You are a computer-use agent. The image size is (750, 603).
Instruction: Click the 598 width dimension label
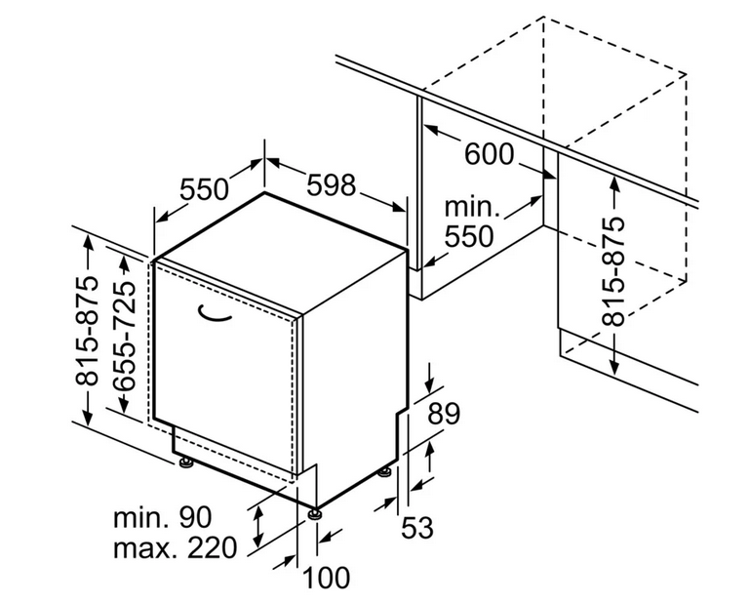pos(332,184)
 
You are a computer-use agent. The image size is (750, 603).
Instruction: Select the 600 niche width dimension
pos(489,153)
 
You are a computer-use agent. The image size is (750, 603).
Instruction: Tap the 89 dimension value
pos(444,414)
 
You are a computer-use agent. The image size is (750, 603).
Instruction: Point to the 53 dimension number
pos(416,528)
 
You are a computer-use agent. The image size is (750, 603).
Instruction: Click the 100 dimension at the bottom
pos(326,578)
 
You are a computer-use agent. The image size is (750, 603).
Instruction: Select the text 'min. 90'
pos(162,517)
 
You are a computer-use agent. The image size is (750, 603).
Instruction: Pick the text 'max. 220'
pos(175,548)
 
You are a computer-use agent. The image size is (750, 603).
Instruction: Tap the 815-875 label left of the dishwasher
pos(87,331)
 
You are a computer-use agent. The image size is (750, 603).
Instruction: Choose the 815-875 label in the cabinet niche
pos(613,271)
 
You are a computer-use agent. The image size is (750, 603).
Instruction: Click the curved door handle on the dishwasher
pos(214,313)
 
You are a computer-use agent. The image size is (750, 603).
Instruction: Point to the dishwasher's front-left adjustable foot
pos(185,462)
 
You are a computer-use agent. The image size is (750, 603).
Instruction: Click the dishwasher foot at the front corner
pos(315,514)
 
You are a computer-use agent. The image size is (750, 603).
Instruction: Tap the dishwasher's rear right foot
pos(385,472)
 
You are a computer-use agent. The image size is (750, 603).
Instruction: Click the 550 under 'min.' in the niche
pos(469,236)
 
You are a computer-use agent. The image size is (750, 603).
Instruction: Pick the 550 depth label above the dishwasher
pos(204,189)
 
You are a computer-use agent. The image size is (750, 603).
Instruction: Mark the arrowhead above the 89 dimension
pos(429,385)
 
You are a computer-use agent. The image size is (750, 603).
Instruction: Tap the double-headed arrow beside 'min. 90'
pos(257,527)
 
